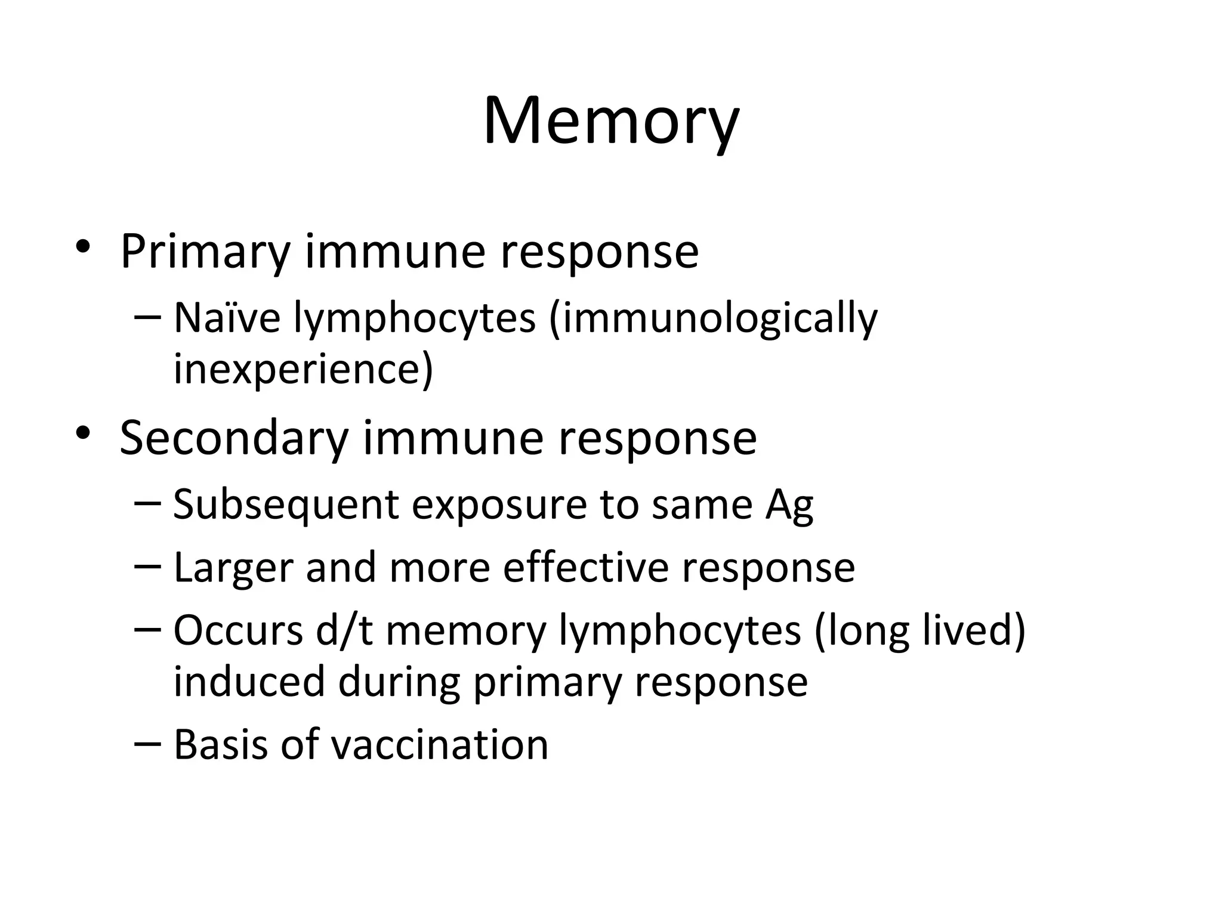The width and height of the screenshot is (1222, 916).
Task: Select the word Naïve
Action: [x=227, y=318]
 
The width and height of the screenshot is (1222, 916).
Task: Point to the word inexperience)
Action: [x=303, y=369]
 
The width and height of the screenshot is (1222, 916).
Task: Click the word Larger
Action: [x=233, y=568]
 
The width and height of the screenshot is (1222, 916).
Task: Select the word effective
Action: [x=586, y=568]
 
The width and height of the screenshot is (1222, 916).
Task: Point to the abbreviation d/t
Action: [x=344, y=630]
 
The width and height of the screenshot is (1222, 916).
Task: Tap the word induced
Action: [x=249, y=682]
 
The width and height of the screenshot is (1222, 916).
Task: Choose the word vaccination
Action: [x=439, y=745]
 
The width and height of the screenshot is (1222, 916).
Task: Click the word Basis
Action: [x=221, y=745]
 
